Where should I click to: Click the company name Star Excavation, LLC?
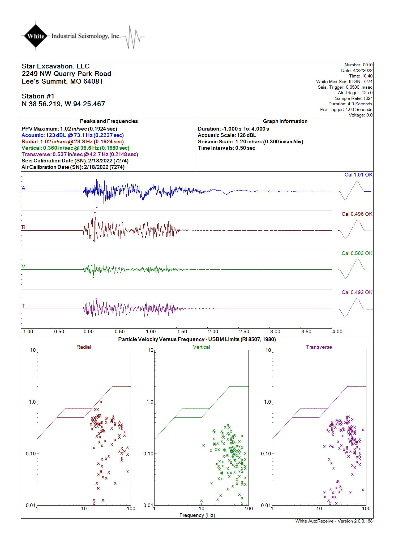56,66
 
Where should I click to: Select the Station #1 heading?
38,96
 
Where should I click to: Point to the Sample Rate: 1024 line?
354,98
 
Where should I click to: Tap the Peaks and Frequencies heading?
109,121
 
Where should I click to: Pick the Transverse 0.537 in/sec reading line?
80,154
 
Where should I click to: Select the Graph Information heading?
285,121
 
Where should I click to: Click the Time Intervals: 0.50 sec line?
226,148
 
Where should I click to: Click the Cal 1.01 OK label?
358,175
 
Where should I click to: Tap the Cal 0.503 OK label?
357,253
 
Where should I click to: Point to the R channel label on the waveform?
24,227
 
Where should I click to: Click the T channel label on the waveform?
23,306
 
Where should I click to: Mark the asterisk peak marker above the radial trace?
95,213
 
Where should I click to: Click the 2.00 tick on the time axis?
213,331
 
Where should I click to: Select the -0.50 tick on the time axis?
58,331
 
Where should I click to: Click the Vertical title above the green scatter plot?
202,347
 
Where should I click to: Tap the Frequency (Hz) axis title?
197,515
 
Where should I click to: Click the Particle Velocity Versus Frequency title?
197,339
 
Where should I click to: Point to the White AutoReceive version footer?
334,521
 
